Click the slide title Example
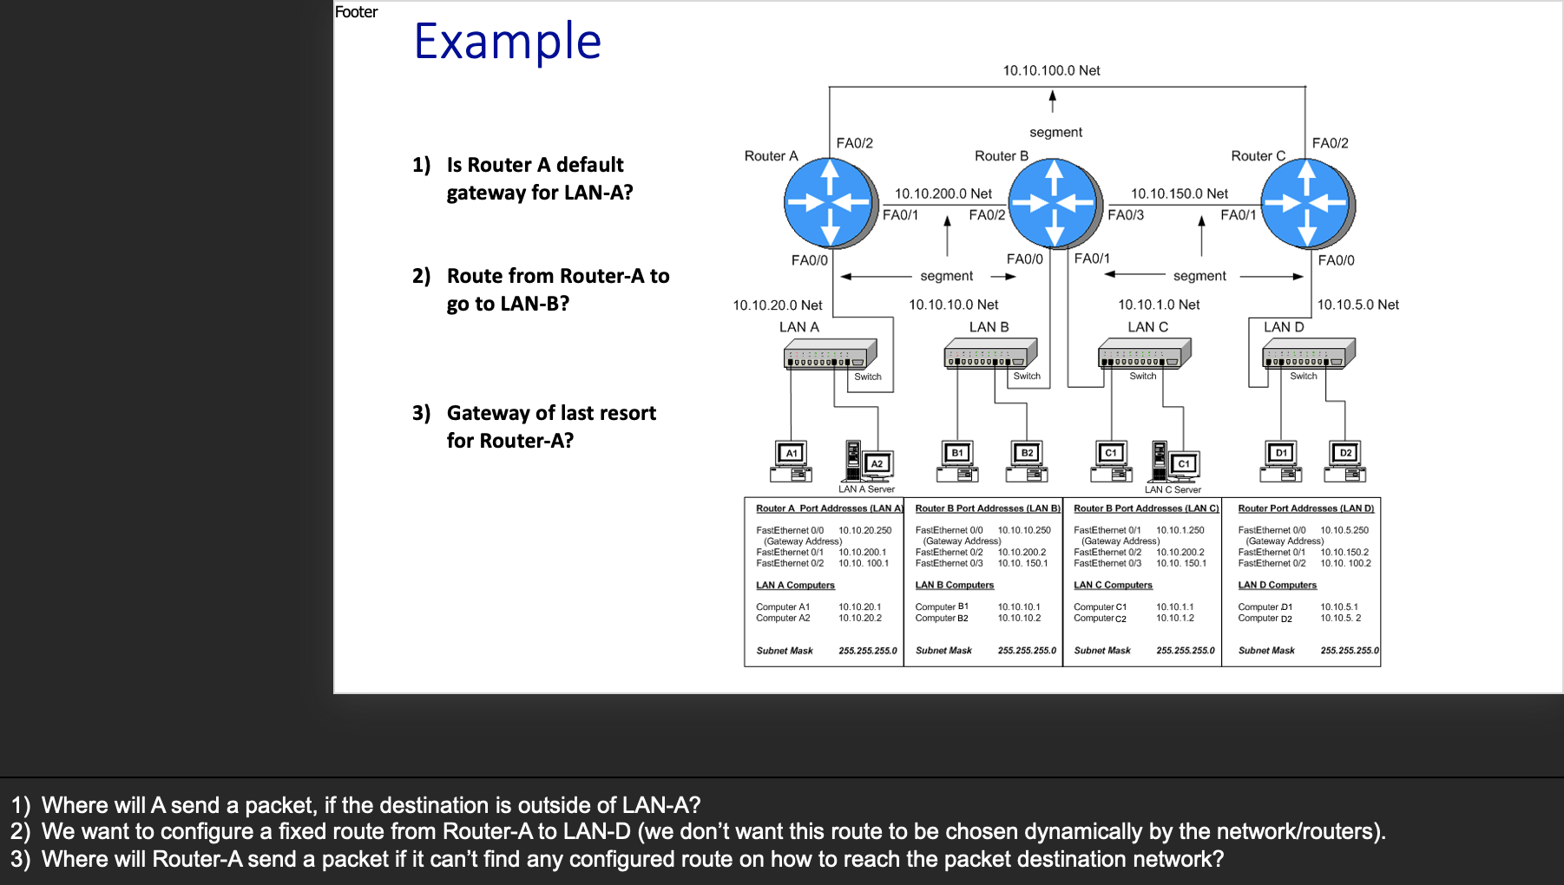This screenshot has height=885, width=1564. pos(508,41)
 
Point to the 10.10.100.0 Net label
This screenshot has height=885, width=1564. pos(1051,70)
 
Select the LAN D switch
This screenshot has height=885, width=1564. pos(1309,353)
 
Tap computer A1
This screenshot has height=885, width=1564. pos(791,461)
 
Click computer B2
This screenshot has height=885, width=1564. pos(1027,461)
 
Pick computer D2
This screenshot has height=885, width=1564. pos(1345,461)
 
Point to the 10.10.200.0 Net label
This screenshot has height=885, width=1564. pos(943,193)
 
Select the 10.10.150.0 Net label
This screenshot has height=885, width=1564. pos(1180,193)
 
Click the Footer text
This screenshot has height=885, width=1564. pos(356,12)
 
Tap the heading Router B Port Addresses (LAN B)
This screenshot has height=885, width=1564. pos(988,508)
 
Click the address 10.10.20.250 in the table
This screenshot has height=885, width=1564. pos(864,530)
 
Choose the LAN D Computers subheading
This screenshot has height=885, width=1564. pos(1277,585)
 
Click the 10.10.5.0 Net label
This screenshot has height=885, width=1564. pos(1357,305)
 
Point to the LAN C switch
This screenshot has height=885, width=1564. pos(1145,353)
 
